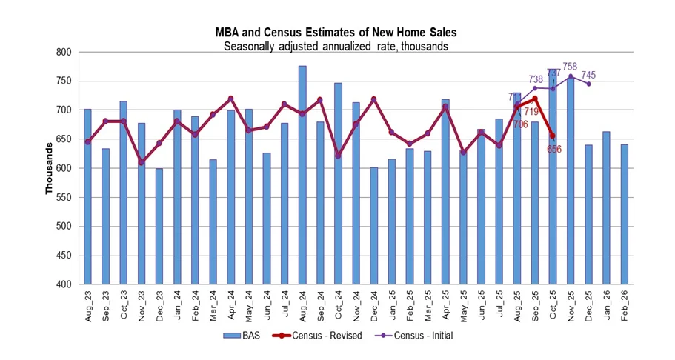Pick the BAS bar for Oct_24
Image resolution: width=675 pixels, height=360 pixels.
338,183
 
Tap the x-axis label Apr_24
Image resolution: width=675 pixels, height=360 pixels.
231,306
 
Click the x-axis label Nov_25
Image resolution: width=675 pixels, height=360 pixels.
571,306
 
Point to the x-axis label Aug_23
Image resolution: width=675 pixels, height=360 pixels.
88,306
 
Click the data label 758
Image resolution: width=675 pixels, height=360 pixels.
570,67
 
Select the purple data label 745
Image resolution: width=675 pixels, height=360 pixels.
588,76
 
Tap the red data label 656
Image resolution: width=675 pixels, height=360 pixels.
554,149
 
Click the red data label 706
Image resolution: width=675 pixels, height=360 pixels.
520,124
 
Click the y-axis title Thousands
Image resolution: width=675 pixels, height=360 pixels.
50,169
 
